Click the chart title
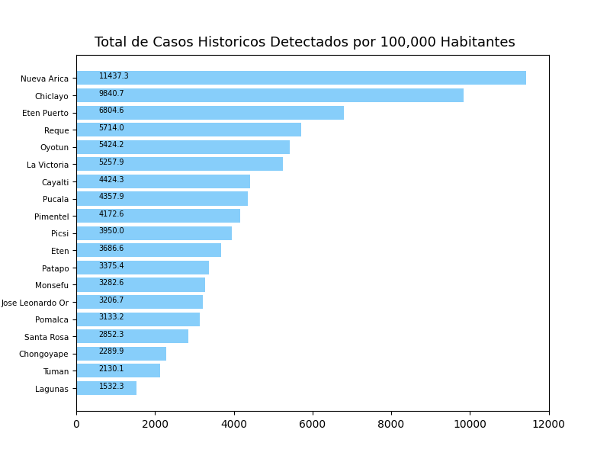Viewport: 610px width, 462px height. coord(304,43)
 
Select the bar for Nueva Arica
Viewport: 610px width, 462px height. coord(301,78)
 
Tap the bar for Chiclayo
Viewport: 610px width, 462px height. coord(270,95)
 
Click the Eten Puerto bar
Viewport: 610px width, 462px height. coord(210,113)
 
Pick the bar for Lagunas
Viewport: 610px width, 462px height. coord(106,388)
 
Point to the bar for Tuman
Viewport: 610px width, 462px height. coord(118,371)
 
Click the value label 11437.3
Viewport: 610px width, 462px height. coord(114,76)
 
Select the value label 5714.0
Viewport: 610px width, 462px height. coord(111,128)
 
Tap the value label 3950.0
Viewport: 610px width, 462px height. coord(111,231)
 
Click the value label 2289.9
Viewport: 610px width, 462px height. coord(111,351)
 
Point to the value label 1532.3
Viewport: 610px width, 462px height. coord(111,387)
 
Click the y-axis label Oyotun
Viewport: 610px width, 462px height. coord(54,148)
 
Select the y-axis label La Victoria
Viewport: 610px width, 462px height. coord(47,165)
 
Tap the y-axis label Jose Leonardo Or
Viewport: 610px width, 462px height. coord(35,303)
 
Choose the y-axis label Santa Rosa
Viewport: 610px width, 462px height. coord(47,337)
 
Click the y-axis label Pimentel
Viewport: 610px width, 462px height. coord(51,217)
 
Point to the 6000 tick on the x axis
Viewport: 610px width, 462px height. coord(313,425)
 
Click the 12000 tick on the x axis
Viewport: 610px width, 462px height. coord(549,425)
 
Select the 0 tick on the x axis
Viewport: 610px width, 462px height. coord(76,425)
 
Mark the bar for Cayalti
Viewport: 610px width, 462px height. coord(163,181)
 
